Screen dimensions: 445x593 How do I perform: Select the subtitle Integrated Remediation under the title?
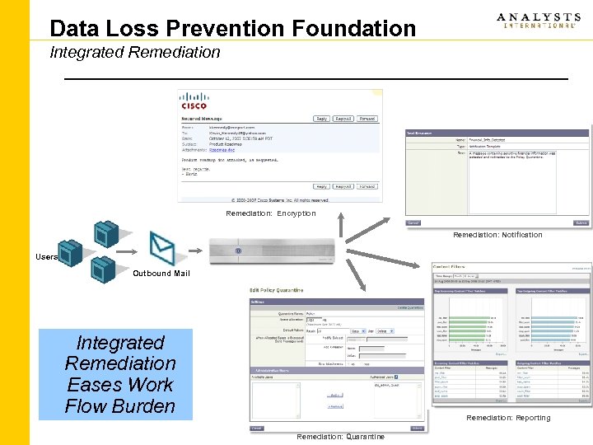pyautogui.click(x=135, y=53)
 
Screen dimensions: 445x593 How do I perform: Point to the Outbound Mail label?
pyautogui.click(x=161, y=273)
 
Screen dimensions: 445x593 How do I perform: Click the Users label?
pyautogui.click(x=46, y=257)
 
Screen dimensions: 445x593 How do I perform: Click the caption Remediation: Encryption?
pyautogui.click(x=271, y=213)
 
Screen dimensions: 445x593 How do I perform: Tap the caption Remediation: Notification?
pyautogui.click(x=497, y=235)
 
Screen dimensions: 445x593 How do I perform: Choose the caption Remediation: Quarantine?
pyautogui.click(x=340, y=437)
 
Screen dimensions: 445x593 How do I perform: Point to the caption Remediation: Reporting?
pyautogui.click(x=508, y=418)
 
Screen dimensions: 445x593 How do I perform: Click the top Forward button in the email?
pyautogui.click(x=367, y=119)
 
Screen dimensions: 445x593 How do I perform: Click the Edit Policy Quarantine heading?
pyautogui.click(x=277, y=290)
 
